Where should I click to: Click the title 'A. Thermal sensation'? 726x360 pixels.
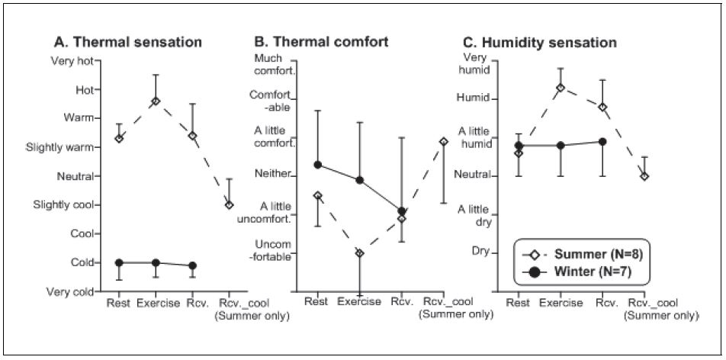pos(127,43)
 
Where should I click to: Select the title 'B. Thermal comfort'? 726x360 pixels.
pos(321,42)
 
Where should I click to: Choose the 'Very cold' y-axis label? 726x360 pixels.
pos(71,291)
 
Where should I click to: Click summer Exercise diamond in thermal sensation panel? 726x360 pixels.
pos(156,101)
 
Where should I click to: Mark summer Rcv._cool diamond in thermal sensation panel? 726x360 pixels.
pos(229,204)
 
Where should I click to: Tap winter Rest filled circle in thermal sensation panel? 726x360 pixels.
pos(119,262)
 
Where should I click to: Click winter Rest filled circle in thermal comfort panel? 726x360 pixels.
pos(317,165)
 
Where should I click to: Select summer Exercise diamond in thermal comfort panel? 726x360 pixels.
pos(360,252)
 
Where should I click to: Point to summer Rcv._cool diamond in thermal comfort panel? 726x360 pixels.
pos(443,141)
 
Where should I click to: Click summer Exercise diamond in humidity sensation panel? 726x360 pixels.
pos(561,88)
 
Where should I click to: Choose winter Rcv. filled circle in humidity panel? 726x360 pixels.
pos(602,141)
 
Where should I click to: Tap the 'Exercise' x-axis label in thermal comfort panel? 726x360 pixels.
pos(358,302)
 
